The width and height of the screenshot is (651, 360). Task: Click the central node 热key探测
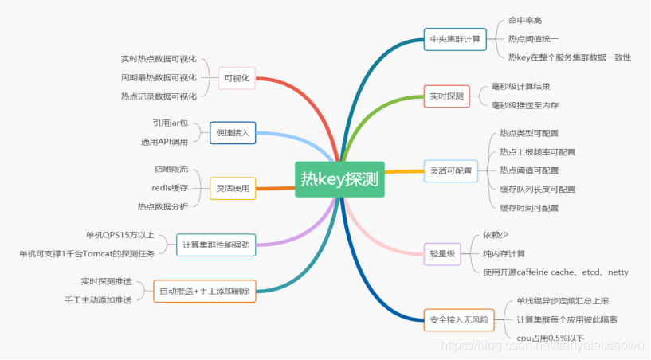[339, 179]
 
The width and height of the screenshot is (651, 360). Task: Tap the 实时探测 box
[446, 96]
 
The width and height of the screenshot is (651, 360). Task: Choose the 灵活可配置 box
[450, 170]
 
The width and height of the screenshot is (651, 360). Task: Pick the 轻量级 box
[442, 254]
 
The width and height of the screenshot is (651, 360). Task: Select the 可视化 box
[237, 78]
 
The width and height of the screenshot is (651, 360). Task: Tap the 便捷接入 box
[233, 133]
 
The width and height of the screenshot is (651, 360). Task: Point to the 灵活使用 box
[233, 188]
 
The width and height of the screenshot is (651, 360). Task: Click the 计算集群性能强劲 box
[215, 245]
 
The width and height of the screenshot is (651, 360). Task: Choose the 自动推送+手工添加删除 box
[205, 292]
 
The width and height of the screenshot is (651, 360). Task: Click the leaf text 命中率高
[525, 20]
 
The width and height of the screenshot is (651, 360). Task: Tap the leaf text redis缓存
[170, 188]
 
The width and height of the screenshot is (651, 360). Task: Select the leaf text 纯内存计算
[504, 253]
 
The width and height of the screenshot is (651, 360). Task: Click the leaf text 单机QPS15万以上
[120, 236]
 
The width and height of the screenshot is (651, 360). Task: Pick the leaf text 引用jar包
[171, 123]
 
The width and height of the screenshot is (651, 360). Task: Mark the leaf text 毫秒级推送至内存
[524, 105]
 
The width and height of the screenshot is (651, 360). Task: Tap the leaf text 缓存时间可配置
[529, 208]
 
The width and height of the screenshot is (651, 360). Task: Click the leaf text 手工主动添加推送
[98, 300]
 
